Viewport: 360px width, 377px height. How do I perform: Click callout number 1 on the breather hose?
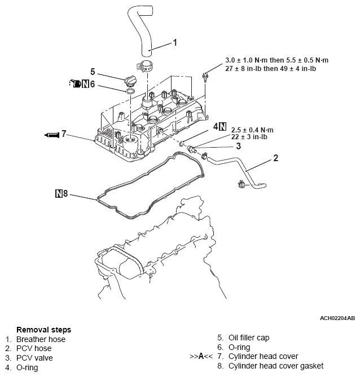174,42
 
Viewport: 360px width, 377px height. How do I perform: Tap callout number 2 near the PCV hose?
275,158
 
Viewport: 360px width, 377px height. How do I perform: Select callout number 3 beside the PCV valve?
239,146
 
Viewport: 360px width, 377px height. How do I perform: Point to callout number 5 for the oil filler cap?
93,72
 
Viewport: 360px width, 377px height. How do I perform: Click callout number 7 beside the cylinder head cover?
64,134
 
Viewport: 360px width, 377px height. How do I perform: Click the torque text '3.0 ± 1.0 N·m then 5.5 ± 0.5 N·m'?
276,60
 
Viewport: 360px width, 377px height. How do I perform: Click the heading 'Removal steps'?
43,330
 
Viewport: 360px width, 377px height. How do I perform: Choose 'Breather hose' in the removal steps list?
41,339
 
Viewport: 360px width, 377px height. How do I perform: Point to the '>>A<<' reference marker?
201,356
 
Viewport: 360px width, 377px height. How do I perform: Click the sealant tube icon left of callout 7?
51,135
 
